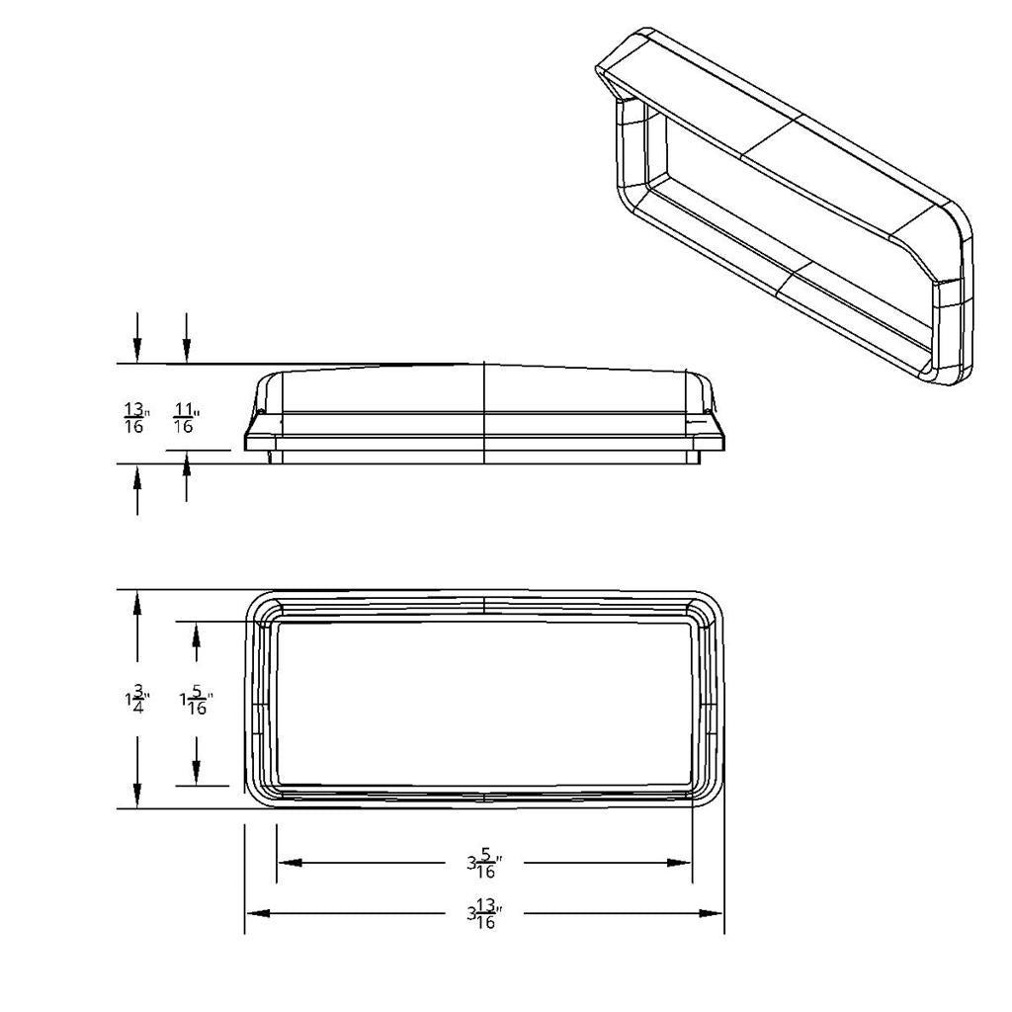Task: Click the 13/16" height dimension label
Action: pos(135,418)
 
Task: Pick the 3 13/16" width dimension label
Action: pos(484,914)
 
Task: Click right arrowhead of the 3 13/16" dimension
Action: pos(713,913)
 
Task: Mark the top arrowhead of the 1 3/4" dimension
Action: pos(137,605)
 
